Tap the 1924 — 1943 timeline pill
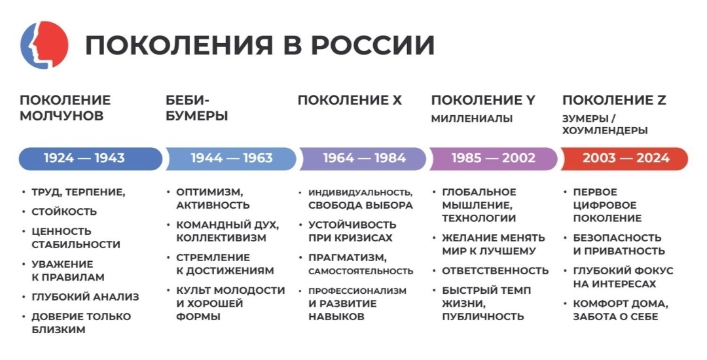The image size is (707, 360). (x=84, y=158)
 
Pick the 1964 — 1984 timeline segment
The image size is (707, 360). (x=364, y=158)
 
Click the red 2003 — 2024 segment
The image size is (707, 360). (x=626, y=158)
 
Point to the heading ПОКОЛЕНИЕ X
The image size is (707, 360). (x=350, y=100)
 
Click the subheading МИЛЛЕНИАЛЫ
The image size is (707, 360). (x=471, y=119)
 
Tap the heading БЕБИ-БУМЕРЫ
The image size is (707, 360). (x=196, y=108)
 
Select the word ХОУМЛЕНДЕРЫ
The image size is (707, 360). (x=605, y=131)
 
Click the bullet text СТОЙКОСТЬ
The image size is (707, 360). (x=64, y=211)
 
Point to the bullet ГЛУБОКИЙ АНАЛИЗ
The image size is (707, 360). (x=85, y=297)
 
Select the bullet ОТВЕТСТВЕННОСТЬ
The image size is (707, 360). (x=495, y=270)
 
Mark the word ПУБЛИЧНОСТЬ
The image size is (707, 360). (x=483, y=316)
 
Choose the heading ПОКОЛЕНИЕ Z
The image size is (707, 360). (x=614, y=100)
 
